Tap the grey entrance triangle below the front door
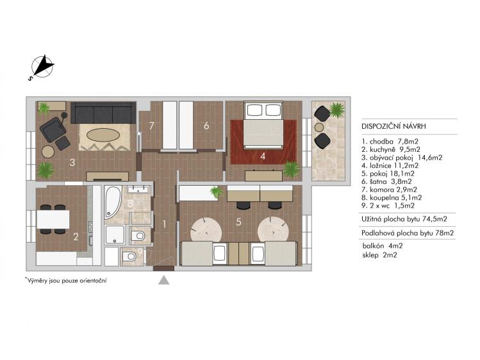pos(164,280)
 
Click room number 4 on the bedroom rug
pos(262,154)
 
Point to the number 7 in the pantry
pos(151,126)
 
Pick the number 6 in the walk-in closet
pos(206,126)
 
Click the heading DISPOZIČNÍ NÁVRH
pos(393,127)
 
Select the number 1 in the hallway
pos(164,224)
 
